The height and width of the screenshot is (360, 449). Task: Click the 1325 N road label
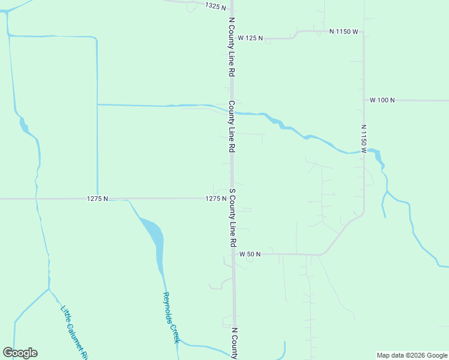(x=215, y=6)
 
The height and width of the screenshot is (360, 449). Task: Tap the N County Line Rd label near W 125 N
(x=231, y=46)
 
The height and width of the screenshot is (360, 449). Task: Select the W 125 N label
(x=251, y=38)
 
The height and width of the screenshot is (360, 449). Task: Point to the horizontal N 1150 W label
(x=343, y=31)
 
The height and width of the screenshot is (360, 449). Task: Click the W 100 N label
(x=382, y=100)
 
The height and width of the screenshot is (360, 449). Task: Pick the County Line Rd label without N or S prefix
(x=231, y=126)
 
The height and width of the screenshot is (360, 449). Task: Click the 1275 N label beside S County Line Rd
(x=215, y=199)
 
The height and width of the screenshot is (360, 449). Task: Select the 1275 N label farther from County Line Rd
(x=97, y=199)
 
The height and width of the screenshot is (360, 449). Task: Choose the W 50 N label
(x=250, y=254)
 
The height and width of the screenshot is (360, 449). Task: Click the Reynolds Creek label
(x=170, y=317)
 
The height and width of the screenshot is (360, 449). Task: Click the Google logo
(x=20, y=353)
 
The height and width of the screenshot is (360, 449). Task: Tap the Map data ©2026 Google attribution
(x=412, y=355)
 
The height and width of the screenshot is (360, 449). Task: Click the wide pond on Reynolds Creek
(x=154, y=234)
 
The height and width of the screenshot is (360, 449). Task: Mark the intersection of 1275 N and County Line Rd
(x=232, y=198)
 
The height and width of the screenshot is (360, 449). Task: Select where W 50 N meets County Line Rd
(x=234, y=254)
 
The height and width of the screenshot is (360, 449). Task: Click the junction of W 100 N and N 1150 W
(x=364, y=100)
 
